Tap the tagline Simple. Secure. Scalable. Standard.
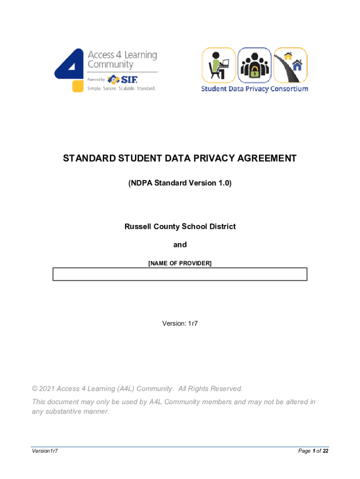point(121,88)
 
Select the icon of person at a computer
point(218,65)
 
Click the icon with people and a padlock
point(254,65)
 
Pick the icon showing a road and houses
point(290,65)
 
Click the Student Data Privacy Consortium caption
point(254,89)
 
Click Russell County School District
point(180,226)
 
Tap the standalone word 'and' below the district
point(180,245)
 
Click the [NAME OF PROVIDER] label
point(180,263)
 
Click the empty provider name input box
point(180,274)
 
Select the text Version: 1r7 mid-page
point(180,323)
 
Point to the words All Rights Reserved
point(210,389)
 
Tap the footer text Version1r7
point(44,451)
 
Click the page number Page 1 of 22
point(313,451)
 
